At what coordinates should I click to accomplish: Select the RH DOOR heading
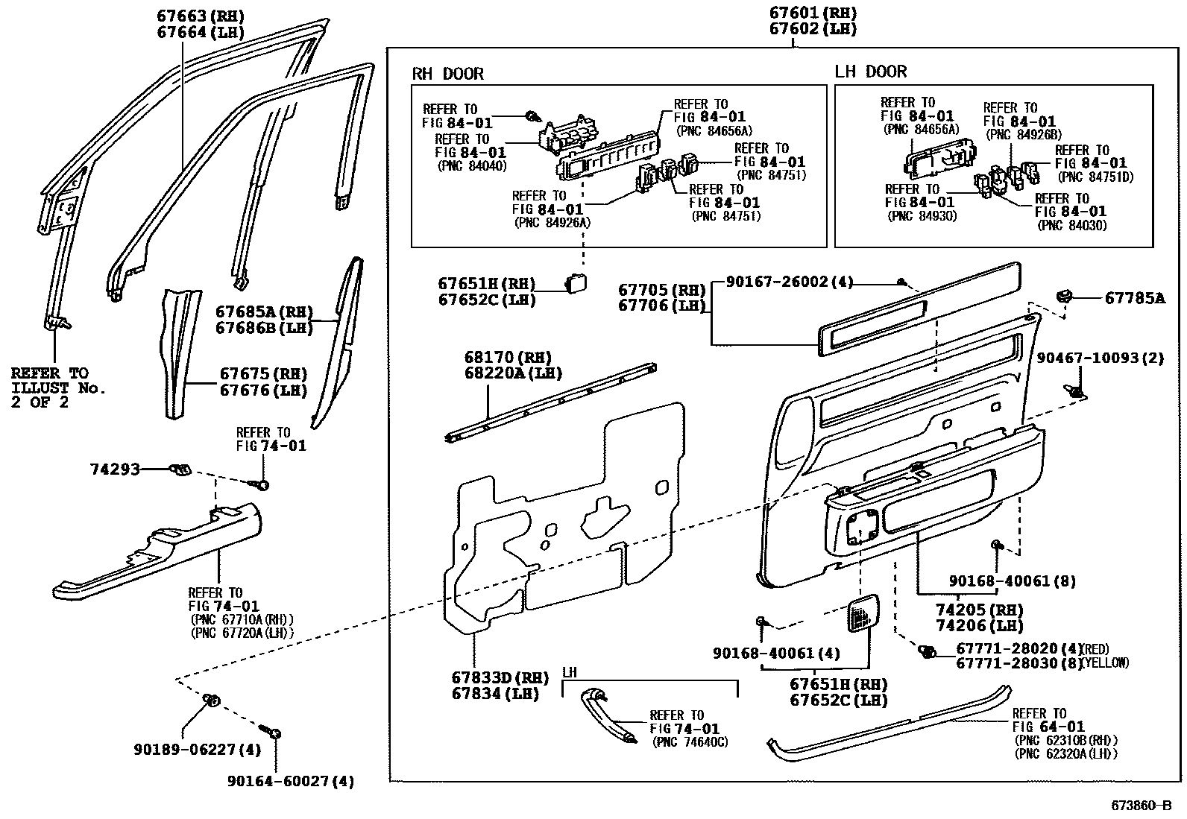click(448, 74)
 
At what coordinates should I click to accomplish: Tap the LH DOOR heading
click(870, 72)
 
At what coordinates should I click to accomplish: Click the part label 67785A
click(1135, 298)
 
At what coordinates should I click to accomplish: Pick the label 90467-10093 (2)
click(1100, 358)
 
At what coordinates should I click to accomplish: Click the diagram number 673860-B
click(1141, 806)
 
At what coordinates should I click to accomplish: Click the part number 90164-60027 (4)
click(291, 781)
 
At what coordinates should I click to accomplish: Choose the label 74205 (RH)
click(979, 610)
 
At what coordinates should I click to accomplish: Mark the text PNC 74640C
click(690, 742)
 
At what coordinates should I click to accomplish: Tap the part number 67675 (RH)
click(262, 374)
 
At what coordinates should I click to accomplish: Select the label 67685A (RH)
click(264, 312)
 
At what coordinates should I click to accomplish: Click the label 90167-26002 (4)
click(789, 282)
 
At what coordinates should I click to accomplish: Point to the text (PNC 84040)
click(471, 166)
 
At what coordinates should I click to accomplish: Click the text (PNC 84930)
click(922, 215)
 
